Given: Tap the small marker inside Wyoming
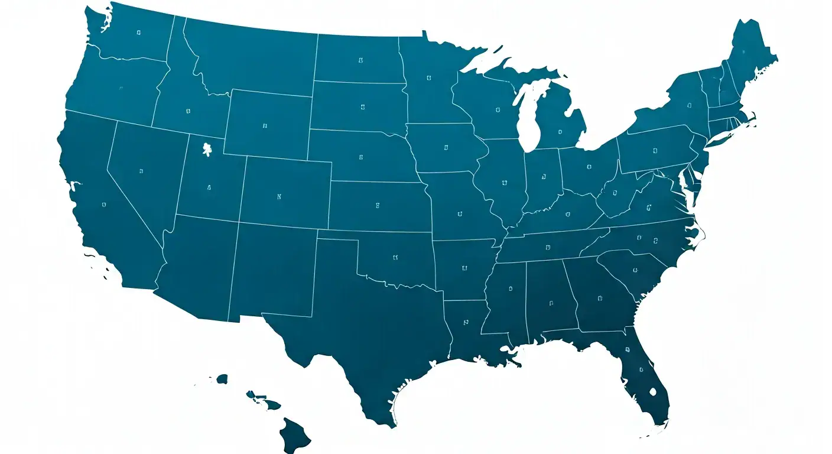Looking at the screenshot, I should pyautogui.click(x=265, y=126).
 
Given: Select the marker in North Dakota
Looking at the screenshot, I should pyautogui.click(x=360, y=60).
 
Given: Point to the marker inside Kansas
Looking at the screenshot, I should pyautogui.click(x=377, y=205).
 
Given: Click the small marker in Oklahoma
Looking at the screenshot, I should pyautogui.click(x=395, y=257).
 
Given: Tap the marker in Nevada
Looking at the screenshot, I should pyautogui.click(x=141, y=171).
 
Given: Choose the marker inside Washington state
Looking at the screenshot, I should pyautogui.click(x=138, y=33).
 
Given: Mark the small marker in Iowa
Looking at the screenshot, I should pyautogui.click(x=446, y=147).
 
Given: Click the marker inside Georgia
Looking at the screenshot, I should pyautogui.click(x=600, y=297).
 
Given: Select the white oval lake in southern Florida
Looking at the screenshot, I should pyautogui.click(x=653, y=391).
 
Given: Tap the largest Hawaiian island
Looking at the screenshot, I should pyautogui.click(x=294, y=435).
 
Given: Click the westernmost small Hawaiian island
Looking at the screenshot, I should pyautogui.click(x=222, y=378).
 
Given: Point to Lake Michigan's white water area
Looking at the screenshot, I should pyautogui.click(x=528, y=121).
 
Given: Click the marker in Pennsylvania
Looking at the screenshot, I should pyautogui.click(x=655, y=151).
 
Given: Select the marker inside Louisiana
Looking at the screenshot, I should pyautogui.click(x=465, y=323).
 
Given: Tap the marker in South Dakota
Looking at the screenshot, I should pyautogui.click(x=362, y=108).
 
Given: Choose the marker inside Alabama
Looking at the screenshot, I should pyautogui.click(x=551, y=303).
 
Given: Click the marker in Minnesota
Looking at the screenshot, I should pyautogui.click(x=428, y=77).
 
